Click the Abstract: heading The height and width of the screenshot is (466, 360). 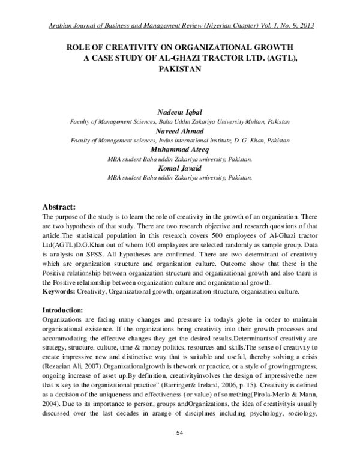62,207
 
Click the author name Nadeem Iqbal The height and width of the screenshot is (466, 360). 179,113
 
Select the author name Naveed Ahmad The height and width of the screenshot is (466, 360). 179,130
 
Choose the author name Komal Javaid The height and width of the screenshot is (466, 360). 179,169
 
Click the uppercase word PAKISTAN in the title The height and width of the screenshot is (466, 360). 179,69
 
